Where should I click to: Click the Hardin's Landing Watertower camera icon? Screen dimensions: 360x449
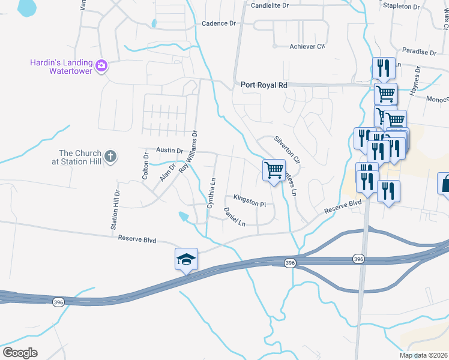(x=101, y=65)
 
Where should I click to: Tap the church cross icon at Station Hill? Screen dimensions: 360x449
(x=109, y=157)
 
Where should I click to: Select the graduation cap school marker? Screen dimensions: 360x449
(x=186, y=259)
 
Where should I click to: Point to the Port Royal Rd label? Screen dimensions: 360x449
(x=264, y=85)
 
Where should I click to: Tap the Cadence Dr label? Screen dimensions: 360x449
(x=218, y=23)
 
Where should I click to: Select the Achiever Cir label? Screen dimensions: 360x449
(x=307, y=46)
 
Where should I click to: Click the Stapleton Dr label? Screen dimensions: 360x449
(x=402, y=6)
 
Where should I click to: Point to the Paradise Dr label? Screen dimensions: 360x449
(x=419, y=52)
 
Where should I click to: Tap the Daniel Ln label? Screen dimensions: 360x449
(x=234, y=217)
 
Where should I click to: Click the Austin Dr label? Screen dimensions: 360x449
(x=169, y=150)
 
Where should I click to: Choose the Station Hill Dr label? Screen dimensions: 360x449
(x=115, y=211)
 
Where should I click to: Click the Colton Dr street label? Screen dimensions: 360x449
(x=145, y=166)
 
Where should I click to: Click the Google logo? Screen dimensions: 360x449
(x=20, y=353)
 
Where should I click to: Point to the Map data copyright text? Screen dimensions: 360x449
(x=423, y=355)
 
